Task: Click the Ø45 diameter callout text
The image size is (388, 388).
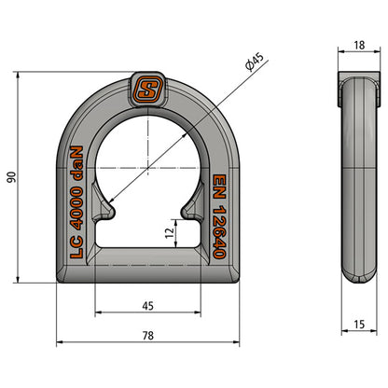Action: pyautogui.click(x=254, y=65)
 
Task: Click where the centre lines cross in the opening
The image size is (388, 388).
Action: pyautogui.click(x=147, y=166)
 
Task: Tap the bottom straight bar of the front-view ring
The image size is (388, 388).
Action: pyautogui.click(x=147, y=264)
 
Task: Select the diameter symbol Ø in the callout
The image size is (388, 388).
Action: pyautogui.click(x=248, y=70)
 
